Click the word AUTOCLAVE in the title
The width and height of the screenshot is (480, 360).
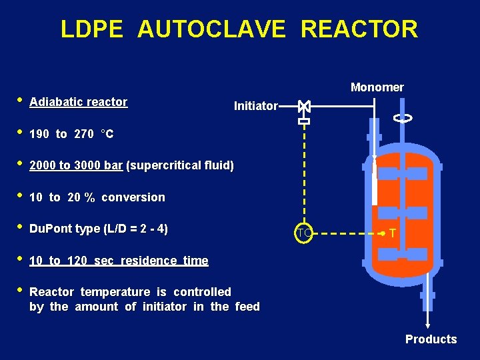tap(211, 29)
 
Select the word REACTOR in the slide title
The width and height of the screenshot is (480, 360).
tap(359, 29)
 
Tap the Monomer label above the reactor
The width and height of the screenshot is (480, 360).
tap(377, 87)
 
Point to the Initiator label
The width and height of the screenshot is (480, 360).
tap(255, 106)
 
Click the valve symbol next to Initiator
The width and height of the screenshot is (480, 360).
tap(304, 106)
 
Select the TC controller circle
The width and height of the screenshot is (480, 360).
tap(304, 233)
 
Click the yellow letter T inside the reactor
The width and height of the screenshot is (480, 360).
tap(393, 233)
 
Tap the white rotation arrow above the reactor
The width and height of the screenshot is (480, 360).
tap(403, 118)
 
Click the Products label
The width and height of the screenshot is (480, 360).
tap(431, 339)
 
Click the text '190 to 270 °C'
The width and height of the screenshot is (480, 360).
tap(71, 134)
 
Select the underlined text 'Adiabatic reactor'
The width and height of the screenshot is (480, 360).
tap(79, 102)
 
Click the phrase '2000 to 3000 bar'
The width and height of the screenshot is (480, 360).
tap(76, 165)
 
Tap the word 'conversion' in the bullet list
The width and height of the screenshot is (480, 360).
tap(133, 197)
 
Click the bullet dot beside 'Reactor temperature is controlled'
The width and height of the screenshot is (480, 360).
tap(20, 291)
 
